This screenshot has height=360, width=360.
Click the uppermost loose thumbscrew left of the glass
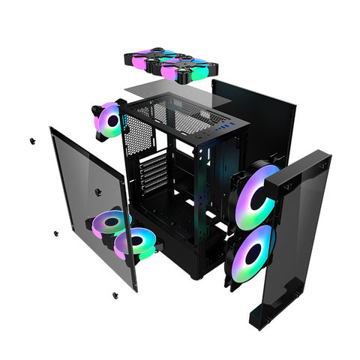33,140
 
